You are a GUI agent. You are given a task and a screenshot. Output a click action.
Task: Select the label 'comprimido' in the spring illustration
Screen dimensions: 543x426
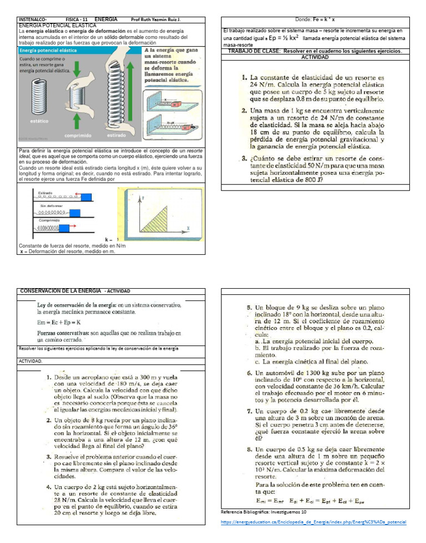(78, 135)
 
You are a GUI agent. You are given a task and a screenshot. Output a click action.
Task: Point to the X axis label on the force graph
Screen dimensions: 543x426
(187, 228)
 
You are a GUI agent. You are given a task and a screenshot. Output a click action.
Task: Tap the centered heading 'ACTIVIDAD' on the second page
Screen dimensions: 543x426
(315, 57)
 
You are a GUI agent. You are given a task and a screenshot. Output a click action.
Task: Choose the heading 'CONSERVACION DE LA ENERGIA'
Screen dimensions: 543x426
(60, 291)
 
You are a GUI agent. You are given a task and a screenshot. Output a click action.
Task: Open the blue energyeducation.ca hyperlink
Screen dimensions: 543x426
(313, 522)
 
